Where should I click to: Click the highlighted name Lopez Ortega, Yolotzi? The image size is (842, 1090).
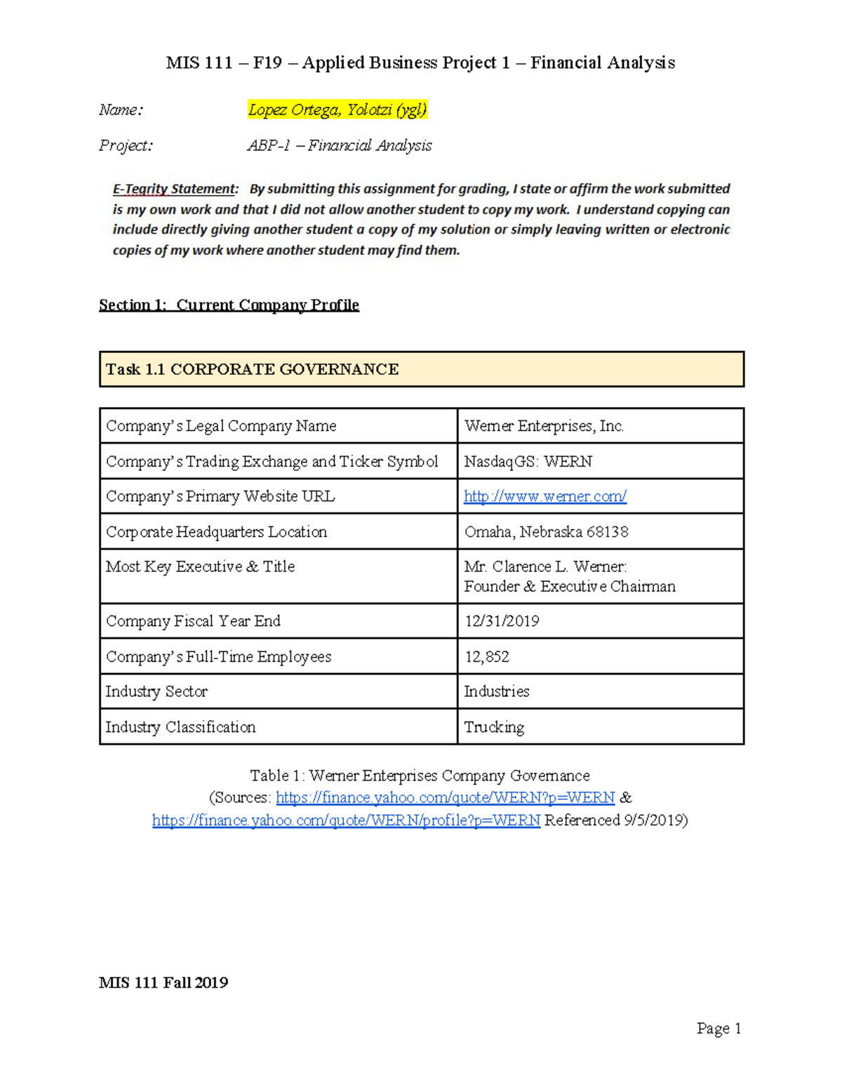tap(337, 109)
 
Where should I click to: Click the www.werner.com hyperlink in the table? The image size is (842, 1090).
tap(544, 496)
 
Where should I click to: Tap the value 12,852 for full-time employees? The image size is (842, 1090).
tap(486, 656)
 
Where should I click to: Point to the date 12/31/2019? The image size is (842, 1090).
tap(501, 621)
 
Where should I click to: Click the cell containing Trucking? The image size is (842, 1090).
tap(494, 727)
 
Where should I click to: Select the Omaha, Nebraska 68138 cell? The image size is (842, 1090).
tap(546, 531)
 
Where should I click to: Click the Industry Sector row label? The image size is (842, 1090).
tap(156, 691)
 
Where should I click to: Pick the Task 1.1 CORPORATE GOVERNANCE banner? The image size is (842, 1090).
tap(421, 369)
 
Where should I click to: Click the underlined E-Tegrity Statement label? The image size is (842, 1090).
tap(175, 189)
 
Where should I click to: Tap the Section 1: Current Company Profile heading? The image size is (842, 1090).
tap(229, 305)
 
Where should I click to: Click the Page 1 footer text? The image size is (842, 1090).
tap(719, 1028)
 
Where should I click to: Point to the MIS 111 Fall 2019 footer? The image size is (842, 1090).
tap(163, 983)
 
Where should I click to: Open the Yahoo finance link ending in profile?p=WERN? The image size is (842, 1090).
tap(346, 820)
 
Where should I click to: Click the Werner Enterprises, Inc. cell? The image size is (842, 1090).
tap(544, 426)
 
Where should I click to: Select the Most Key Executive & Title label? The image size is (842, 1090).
tap(200, 566)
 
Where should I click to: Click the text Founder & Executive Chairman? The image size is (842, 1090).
tap(569, 586)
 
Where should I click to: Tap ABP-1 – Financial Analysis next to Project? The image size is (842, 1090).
tap(340, 145)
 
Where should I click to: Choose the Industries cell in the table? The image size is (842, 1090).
tap(496, 691)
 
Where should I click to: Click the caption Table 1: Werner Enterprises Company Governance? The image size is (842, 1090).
tap(420, 776)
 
